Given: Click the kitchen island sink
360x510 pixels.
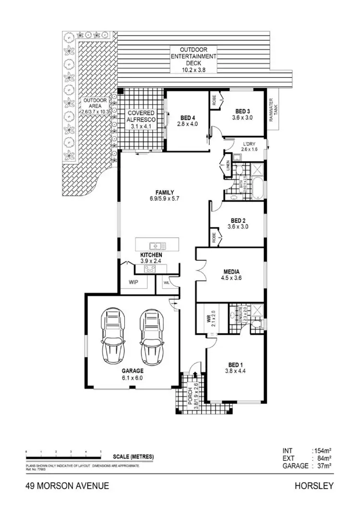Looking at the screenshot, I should click(x=157, y=245).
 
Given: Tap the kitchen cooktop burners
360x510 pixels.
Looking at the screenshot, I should click(x=149, y=269).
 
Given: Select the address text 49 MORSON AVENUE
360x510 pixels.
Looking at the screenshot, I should click(x=67, y=486).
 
